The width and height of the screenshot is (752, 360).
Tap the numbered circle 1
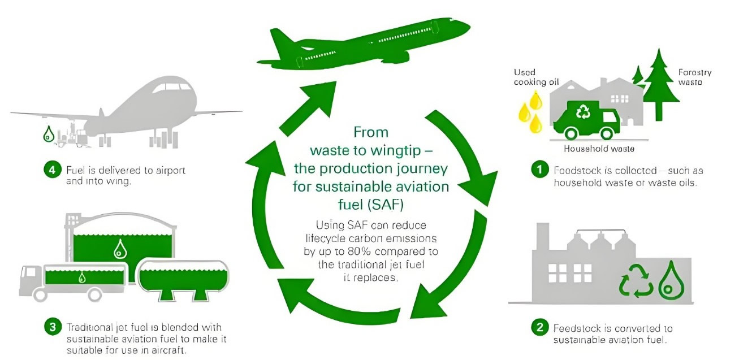click(539, 170)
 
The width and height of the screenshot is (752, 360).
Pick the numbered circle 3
click(52, 327)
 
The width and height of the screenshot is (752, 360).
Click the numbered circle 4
click(52, 170)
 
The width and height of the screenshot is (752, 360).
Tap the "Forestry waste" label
click(695, 77)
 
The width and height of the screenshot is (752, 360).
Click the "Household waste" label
click(599, 149)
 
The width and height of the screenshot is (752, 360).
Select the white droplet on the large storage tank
click(120, 249)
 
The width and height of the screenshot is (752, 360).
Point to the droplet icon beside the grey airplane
click(49, 135)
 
